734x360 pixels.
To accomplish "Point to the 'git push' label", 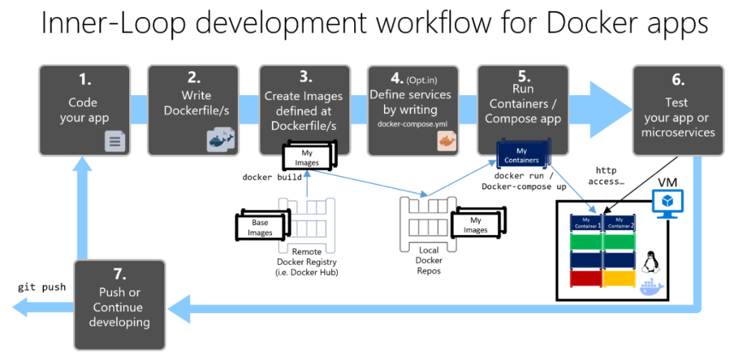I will point(42,287).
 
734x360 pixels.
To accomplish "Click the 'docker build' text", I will point(271,177).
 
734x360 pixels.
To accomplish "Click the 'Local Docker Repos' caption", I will point(429,261).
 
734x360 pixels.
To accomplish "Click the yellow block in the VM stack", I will point(618,278).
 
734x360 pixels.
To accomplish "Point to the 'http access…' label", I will point(608,176).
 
